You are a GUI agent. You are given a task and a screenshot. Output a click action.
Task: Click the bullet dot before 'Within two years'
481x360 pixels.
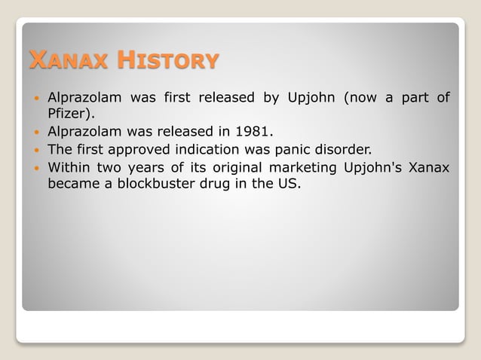35,166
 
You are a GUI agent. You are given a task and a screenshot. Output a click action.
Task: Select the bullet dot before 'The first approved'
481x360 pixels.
35,149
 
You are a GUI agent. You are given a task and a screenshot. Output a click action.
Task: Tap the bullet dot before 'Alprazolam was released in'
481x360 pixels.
35,133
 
